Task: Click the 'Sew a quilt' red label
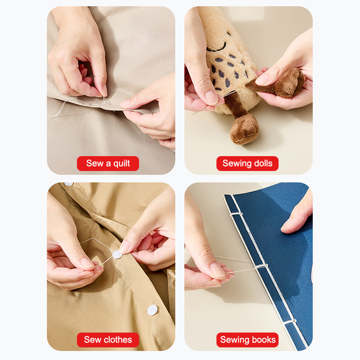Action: pyautogui.click(x=108, y=163)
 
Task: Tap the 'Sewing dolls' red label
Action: pyautogui.click(x=247, y=163)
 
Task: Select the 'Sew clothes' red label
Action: pyautogui.click(x=108, y=340)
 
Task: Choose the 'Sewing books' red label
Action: pyautogui.click(x=247, y=340)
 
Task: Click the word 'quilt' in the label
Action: pyautogui.click(x=121, y=164)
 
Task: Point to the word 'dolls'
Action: pyautogui.click(x=263, y=163)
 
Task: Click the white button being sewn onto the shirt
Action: pyautogui.click(x=117, y=255)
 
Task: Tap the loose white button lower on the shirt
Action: pyautogui.click(x=152, y=310)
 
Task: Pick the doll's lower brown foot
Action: pyautogui.click(x=244, y=129)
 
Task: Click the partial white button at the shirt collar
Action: pyautogui.click(x=69, y=184)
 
